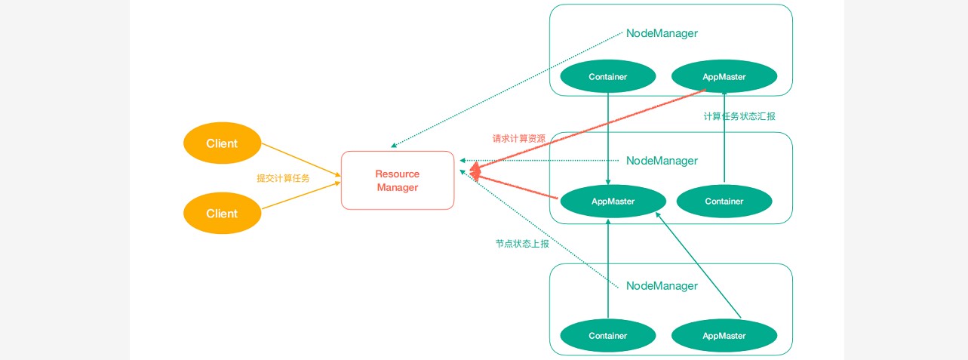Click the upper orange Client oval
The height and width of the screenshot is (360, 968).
tap(222, 143)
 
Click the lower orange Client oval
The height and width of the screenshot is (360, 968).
tap(222, 214)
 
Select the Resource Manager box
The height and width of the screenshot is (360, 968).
tap(398, 180)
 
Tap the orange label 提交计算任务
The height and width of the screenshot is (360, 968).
tap(283, 178)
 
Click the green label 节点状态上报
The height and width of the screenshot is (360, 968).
tap(522, 244)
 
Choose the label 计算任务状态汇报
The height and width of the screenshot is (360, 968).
tap(739, 116)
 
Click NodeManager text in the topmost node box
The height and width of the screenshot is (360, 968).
tap(662, 33)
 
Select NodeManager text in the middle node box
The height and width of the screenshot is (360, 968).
tap(662, 161)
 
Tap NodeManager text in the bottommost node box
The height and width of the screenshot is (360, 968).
tap(662, 286)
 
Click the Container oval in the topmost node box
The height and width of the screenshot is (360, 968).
tap(607, 77)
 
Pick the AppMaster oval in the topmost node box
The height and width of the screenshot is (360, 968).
tap(724, 77)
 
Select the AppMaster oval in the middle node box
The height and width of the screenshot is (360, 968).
tap(613, 202)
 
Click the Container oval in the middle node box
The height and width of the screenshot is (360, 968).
tap(724, 202)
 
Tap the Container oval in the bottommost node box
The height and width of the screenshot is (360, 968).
tap(607, 336)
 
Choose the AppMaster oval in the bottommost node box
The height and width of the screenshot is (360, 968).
tap(724, 336)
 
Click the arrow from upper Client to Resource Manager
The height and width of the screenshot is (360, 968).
tap(300, 160)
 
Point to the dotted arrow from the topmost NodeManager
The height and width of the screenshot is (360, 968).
tap(506, 90)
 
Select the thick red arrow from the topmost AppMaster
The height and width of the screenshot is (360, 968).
tap(588, 128)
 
